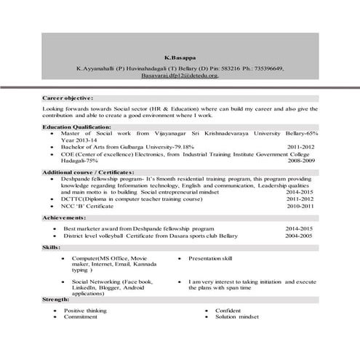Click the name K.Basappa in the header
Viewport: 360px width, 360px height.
[177, 56]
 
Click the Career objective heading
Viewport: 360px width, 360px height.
[68, 97]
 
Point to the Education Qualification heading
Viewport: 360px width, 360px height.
[76, 126]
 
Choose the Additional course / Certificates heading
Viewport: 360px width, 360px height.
[88, 171]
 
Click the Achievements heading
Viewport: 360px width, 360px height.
[65, 217]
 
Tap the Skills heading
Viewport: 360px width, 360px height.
[51, 248]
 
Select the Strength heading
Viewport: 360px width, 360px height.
[56, 299]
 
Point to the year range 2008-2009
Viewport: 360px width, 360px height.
[301, 160]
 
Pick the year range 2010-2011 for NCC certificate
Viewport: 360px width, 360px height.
[301, 206]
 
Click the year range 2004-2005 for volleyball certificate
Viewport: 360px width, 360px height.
[299, 236]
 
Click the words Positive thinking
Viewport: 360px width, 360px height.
[84, 311]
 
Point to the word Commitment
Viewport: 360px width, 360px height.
[80, 317]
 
